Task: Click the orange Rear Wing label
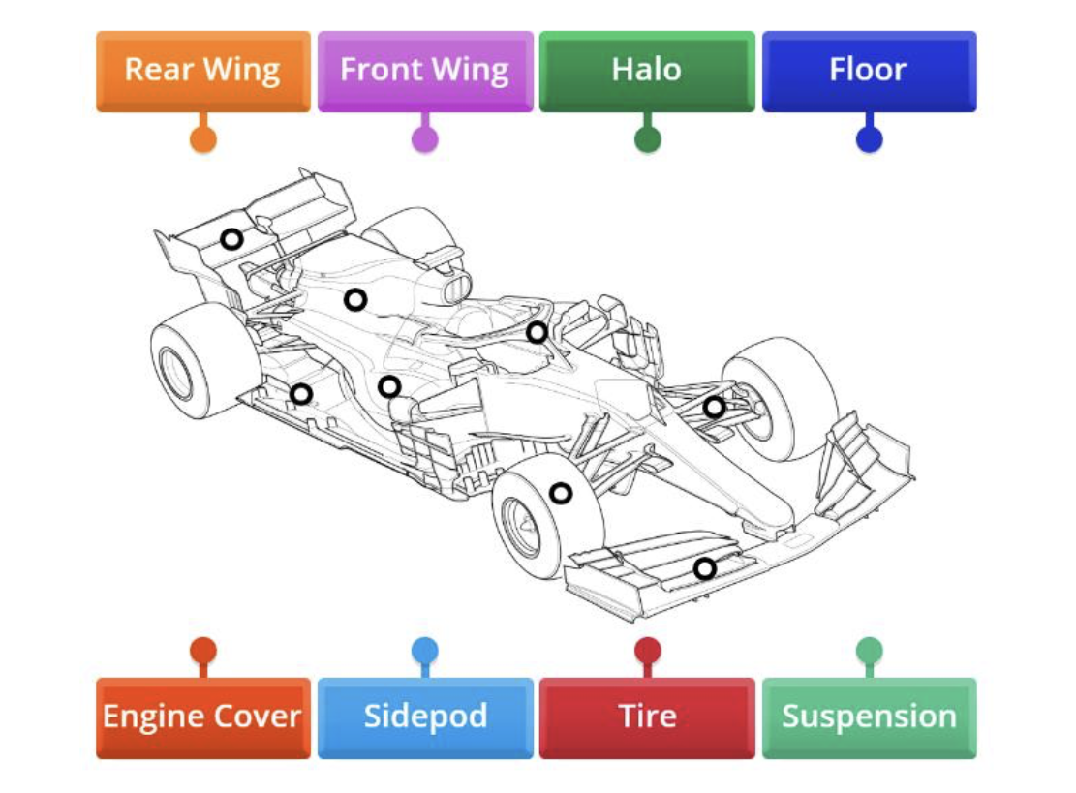tap(203, 71)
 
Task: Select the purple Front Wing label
tap(425, 71)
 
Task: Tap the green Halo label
tap(646, 71)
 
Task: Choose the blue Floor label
tap(869, 71)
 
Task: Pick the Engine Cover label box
tap(203, 717)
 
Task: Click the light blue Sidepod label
tap(425, 717)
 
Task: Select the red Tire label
tap(646, 717)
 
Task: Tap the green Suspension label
tap(869, 717)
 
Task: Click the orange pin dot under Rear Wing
tap(203, 139)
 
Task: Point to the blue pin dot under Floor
tap(869, 139)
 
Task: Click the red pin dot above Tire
tap(647, 649)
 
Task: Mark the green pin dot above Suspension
tap(869, 649)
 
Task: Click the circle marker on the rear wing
tap(231, 239)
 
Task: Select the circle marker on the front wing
tap(705, 568)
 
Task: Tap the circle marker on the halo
tap(537, 332)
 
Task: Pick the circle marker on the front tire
tap(561, 493)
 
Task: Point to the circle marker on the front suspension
tap(714, 408)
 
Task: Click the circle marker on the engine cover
tap(355, 300)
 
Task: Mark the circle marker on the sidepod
tap(389, 387)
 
